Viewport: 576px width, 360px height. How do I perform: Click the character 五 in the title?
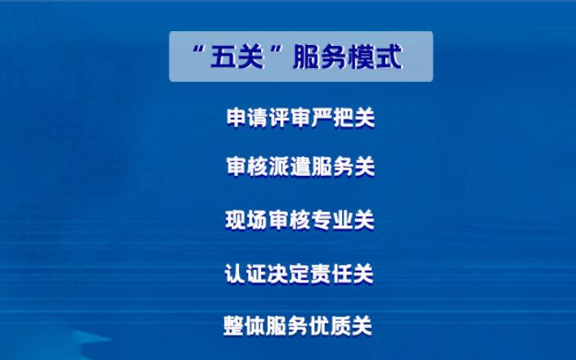[x=223, y=57]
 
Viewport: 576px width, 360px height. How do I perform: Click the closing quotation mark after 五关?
[x=278, y=49]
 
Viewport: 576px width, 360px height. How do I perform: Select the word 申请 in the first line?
[x=247, y=118]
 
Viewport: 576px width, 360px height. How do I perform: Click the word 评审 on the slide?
[x=290, y=118]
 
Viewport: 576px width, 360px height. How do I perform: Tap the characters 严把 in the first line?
[x=332, y=118]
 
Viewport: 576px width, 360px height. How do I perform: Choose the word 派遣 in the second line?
[x=290, y=166]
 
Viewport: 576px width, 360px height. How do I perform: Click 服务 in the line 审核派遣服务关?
[x=332, y=166]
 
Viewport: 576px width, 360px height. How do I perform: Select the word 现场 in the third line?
[x=246, y=220]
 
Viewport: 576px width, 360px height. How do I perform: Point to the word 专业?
[x=331, y=220]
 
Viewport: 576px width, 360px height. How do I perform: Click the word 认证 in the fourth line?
[x=245, y=274]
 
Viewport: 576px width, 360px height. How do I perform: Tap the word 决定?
[x=288, y=274]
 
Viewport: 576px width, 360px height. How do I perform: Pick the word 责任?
[x=331, y=274]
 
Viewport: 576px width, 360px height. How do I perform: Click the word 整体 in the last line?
[x=245, y=326]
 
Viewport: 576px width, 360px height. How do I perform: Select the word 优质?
[x=330, y=326]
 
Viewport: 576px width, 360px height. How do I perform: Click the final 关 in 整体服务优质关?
[x=362, y=326]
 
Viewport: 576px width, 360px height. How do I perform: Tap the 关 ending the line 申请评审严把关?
[x=364, y=118]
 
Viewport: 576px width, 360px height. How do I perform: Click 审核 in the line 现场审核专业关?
[x=289, y=220]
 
